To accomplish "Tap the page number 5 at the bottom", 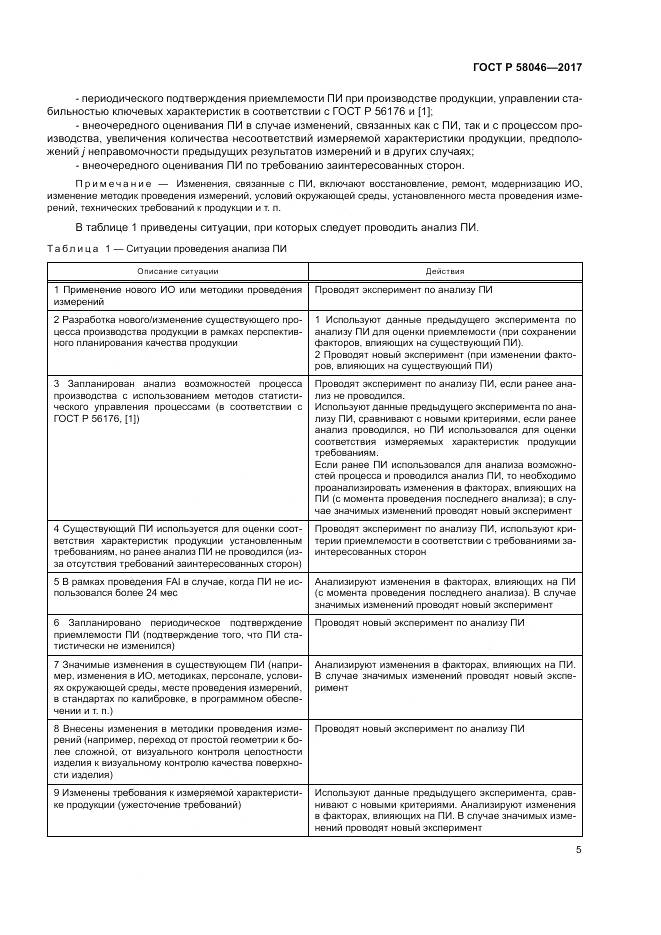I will coord(579,852).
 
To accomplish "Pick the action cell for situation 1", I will coord(446,289).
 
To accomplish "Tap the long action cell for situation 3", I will coord(446,445).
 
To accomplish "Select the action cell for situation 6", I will coord(446,622).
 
